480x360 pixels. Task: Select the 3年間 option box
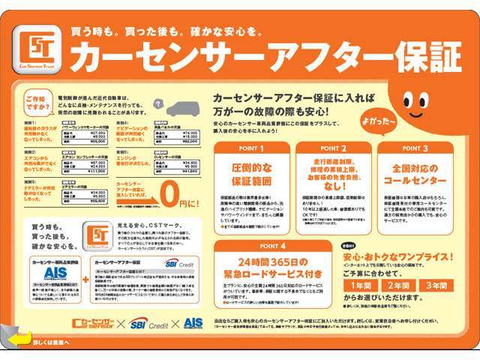point(442,285)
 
